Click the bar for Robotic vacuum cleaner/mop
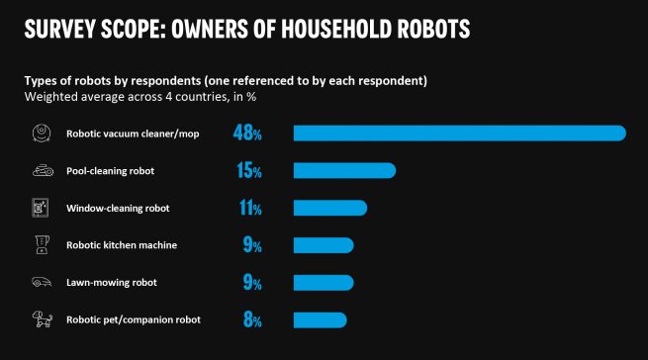click(459, 134)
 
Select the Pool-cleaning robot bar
click(344, 171)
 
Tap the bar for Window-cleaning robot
click(329, 208)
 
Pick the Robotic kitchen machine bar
click(323, 245)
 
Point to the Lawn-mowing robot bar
click(323, 283)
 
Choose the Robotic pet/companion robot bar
click(320, 319)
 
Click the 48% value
click(246, 134)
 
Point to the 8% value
click(251, 319)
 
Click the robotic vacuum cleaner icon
click(40, 134)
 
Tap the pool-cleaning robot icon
click(40, 171)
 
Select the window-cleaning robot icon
click(40, 208)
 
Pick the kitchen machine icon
click(40, 245)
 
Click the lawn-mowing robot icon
click(40, 283)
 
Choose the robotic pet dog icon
click(40, 319)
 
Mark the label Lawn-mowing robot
click(111, 283)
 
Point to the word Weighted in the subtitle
click(49, 97)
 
